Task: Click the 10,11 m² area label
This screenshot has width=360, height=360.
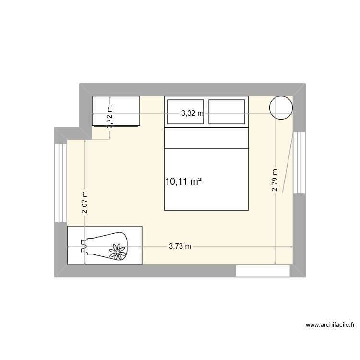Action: point(183,181)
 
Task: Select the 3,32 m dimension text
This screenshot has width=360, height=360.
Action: point(192,114)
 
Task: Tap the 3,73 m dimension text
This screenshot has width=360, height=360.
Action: point(180,247)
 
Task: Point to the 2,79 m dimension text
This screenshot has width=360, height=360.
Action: point(275,180)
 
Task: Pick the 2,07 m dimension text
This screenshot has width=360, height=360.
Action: point(84,202)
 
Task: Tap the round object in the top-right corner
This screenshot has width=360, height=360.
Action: point(281,108)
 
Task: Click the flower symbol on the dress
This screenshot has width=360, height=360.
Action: point(117,251)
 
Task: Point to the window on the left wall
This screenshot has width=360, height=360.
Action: point(61,182)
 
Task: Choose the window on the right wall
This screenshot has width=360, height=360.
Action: point(299,163)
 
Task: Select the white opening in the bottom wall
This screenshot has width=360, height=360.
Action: point(263,271)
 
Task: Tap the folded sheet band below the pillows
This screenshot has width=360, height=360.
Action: point(206,138)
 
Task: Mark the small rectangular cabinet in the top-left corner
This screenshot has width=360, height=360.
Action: point(116,111)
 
